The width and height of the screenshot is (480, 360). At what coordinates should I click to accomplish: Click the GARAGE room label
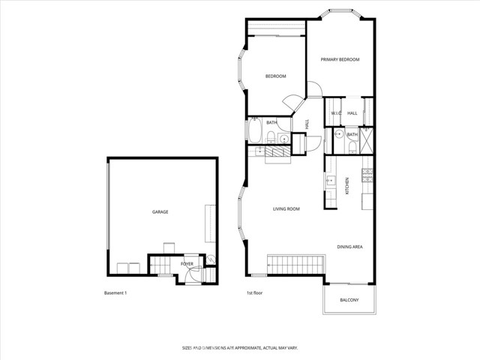tap(160, 212)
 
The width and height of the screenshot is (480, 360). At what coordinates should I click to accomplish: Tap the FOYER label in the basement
tap(187, 264)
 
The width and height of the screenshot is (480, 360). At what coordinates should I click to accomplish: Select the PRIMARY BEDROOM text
tap(340, 60)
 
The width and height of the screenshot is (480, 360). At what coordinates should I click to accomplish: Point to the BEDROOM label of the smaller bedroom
tap(276, 76)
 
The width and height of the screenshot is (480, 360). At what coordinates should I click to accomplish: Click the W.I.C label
tap(336, 113)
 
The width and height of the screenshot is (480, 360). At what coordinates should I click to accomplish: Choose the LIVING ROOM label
tap(286, 209)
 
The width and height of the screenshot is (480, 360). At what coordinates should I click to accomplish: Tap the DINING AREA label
tap(349, 247)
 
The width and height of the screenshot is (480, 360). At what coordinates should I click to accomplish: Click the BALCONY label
tap(349, 300)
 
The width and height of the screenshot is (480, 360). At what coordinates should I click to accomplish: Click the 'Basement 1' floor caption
tap(115, 292)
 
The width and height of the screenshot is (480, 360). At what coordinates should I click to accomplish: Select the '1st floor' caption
tap(255, 292)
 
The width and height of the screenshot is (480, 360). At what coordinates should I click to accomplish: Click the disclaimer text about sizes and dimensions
tap(239, 348)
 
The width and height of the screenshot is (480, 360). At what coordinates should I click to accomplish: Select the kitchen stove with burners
tap(367, 175)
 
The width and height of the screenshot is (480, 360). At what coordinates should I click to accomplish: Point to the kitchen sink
tap(329, 180)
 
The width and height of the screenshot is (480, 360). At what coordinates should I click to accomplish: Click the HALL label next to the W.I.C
tap(352, 113)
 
